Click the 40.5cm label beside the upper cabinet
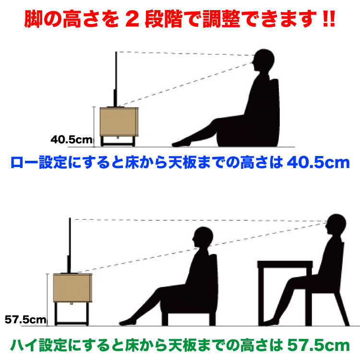tap(72, 140)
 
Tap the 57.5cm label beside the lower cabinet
tap(25, 319)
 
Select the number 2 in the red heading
tap(132, 19)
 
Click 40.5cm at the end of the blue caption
tap(318, 163)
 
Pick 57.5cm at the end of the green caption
tap(318, 345)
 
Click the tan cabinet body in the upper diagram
tap(119, 122)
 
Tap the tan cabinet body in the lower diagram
tap(72, 288)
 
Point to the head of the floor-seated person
tap(264, 60)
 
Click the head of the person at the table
tap(336, 225)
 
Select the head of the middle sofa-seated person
tap(203, 237)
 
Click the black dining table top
tap(285, 264)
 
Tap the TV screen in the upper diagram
tap(116, 79)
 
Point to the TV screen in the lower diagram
tap(69, 246)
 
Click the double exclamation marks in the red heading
tap(329, 19)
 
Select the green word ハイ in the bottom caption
tap(24, 345)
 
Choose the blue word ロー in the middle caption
tap(24, 163)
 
